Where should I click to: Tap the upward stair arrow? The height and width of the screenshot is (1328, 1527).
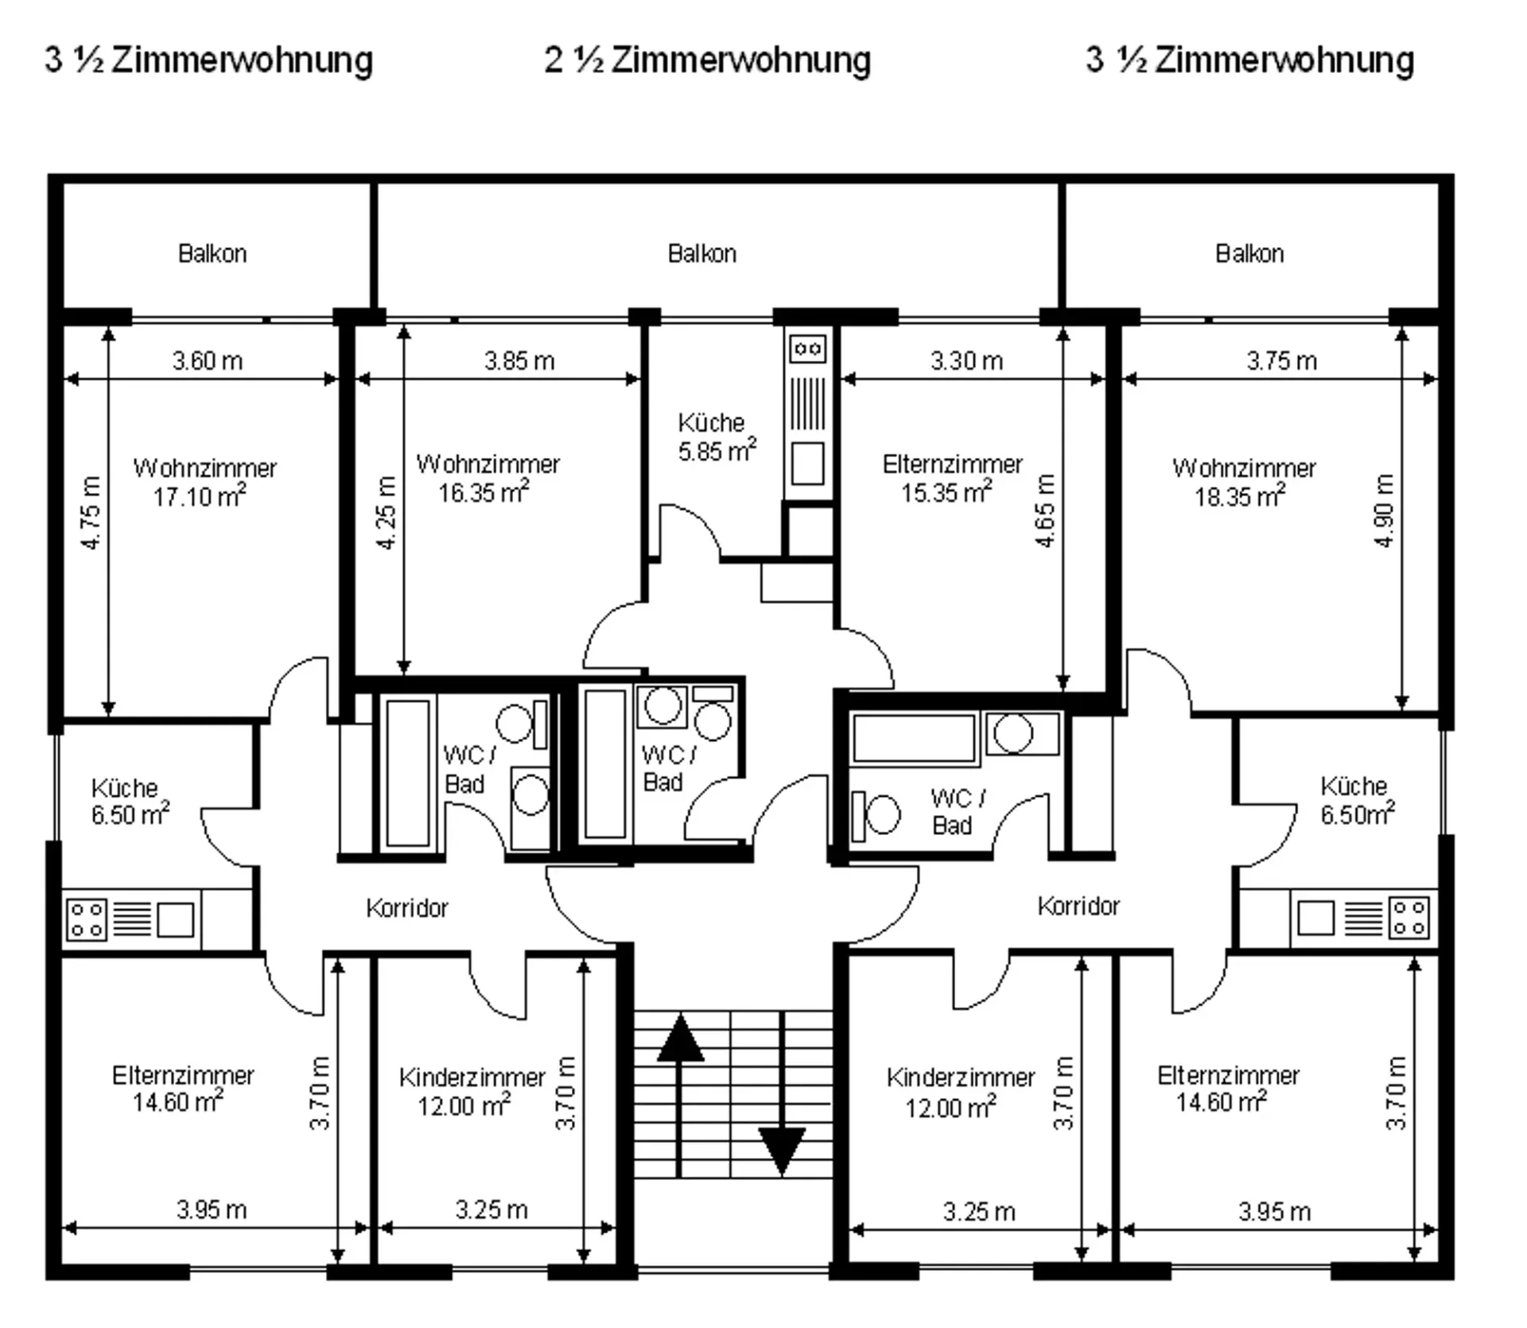click(679, 1096)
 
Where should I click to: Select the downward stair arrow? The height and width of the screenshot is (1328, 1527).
click(782, 1094)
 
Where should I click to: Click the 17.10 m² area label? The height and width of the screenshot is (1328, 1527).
click(200, 495)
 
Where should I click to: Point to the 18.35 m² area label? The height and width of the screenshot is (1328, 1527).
click(1240, 495)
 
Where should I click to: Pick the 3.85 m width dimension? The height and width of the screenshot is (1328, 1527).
click(519, 361)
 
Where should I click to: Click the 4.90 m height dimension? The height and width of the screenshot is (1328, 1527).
click(1385, 511)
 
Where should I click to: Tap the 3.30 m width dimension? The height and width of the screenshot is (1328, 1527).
click(966, 361)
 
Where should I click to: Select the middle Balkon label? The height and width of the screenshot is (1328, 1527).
click(702, 254)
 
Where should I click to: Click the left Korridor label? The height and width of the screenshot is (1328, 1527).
click(407, 908)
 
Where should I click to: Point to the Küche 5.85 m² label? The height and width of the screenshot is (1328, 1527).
click(716, 437)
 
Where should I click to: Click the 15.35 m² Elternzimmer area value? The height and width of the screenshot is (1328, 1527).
click(946, 492)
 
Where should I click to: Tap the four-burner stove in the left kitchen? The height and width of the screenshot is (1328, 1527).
click(86, 919)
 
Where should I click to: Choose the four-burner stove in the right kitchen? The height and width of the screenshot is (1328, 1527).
click(1408, 917)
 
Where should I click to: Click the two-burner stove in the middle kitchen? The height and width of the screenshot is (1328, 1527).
click(807, 348)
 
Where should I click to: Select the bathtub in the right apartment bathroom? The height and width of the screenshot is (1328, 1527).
click(914, 738)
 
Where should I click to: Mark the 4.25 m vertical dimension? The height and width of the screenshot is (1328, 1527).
click(386, 512)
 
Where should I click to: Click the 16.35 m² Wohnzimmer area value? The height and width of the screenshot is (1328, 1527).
click(484, 492)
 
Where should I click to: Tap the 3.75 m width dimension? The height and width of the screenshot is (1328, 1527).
click(1281, 361)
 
